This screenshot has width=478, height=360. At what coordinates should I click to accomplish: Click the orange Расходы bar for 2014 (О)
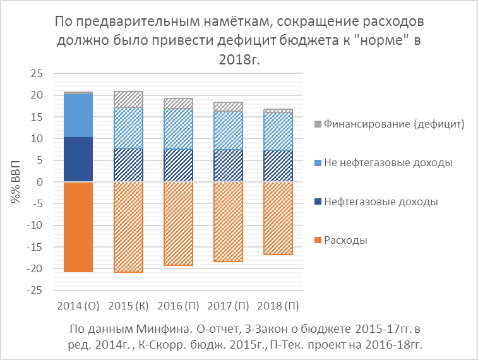coord(78,227)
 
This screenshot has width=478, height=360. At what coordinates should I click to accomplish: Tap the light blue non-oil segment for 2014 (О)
coord(78,116)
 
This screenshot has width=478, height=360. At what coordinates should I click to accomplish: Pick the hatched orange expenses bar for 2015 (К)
coord(128,227)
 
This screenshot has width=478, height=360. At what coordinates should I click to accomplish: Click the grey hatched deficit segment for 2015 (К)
coord(128,100)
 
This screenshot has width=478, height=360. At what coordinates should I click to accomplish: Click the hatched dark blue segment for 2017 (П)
coord(228,165)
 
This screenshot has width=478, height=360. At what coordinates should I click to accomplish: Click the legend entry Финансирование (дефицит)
coord(394,124)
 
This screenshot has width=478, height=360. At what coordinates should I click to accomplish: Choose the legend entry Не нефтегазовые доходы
coord(388,163)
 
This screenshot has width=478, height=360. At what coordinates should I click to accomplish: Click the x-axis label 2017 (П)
coord(228,306)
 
